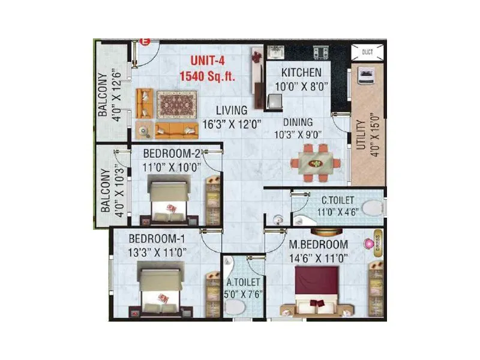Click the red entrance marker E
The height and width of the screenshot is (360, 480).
pos(144,41)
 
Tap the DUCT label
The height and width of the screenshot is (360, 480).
pos(367,52)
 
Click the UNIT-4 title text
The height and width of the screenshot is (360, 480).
pos(211,61)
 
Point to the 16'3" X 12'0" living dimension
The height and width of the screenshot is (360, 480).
pos(232,124)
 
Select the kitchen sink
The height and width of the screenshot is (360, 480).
pos(277,53)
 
